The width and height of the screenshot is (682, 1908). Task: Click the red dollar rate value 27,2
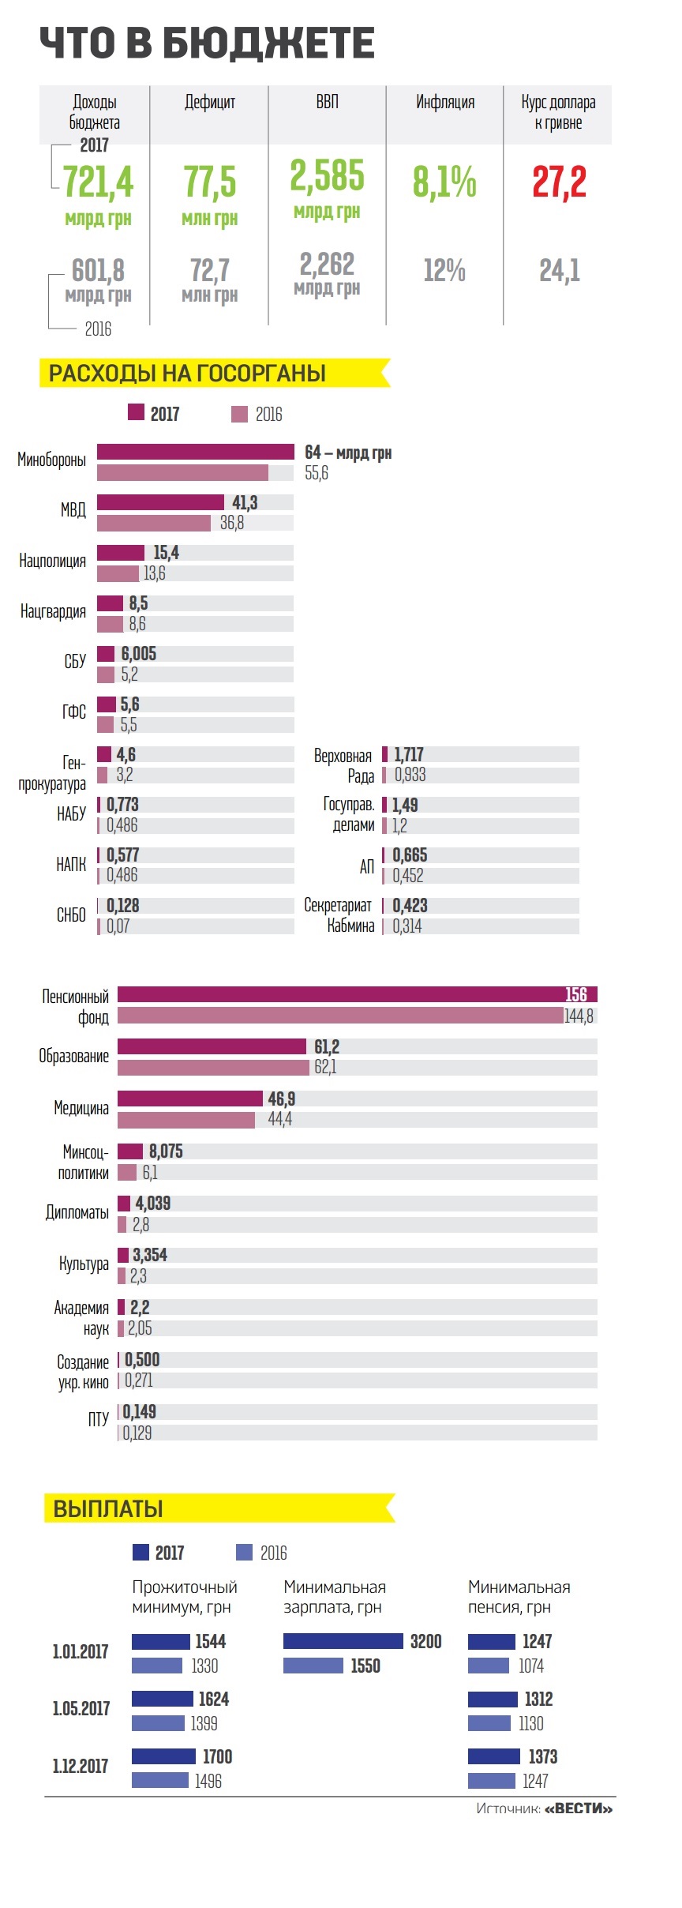pyautogui.click(x=559, y=182)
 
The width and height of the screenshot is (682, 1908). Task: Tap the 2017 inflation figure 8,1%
pyautogui.click(x=444, y=182)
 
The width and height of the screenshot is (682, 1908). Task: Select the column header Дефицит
pyautogui.click(x=209, y=102)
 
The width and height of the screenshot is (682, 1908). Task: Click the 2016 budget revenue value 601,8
pyautogui.click(x=98, y=271)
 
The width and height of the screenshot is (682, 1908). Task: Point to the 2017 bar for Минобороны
pyautogui.click(x=195, y=452)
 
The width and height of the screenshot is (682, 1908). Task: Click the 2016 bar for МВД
pyautogui.click(x=154, y=523)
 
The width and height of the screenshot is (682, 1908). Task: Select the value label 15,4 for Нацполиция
pyautogui.click(x=166, y=553)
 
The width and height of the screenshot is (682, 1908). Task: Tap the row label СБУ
pyautogui.click(x=75, y=662)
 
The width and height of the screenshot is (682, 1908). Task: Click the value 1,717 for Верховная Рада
pyautogui.click(x=409, y=755)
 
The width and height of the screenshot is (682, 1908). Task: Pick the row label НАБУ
pyautogui.click(x=71, y=813)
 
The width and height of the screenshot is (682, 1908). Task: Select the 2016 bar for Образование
pyautogui.click(x=213, y=1068)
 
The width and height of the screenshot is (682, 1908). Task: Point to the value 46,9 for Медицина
pyautogui.click(x=282, y=1099)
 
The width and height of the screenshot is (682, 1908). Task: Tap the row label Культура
pyautogui.click(x=84, y=1264)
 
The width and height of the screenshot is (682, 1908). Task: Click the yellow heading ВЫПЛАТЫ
pyautogui.click(x=108, y=1508)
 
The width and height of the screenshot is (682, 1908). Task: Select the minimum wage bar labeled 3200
pyautogui.click(x=343, y=1642)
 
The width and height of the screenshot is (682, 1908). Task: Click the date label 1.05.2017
pyautogui.click(x=81, y=1709)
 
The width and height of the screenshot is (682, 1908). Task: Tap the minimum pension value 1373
pyautogui.click(x=542, y=1756)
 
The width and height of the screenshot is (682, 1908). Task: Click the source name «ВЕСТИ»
pyautogui.click(x=579, y=1808)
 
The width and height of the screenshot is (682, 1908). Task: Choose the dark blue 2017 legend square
pyautogui.click(x=141, y=1553)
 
